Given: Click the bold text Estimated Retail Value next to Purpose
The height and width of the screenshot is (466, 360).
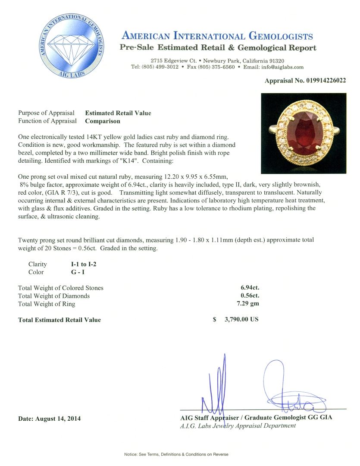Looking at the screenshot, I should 118,113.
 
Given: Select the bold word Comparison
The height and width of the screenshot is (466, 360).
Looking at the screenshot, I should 102,121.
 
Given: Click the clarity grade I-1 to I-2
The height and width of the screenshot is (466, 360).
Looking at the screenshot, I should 84,264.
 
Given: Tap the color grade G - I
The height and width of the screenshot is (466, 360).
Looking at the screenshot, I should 78,272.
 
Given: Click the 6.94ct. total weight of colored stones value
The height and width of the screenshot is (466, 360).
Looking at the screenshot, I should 250,287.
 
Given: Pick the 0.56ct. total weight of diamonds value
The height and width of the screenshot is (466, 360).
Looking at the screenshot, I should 250,296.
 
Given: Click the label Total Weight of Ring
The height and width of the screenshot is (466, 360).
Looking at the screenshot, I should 47,304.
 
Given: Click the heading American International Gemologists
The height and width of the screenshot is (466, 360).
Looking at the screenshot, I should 217,36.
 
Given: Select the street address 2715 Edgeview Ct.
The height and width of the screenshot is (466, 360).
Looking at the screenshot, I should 174,61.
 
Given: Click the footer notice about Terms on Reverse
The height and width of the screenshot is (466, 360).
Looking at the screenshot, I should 176,454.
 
